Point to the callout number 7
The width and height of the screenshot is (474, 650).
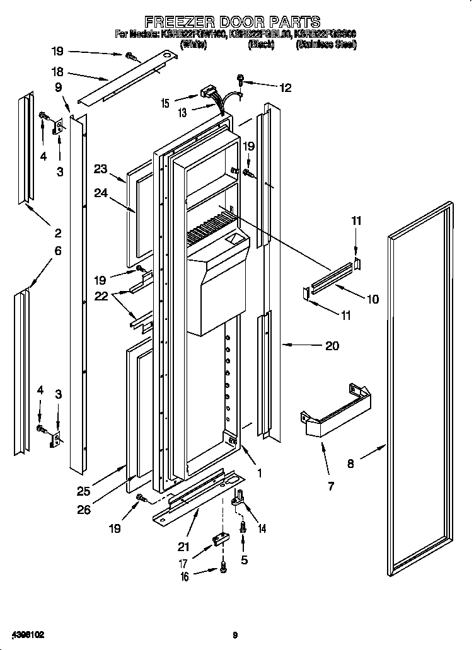pyautogui.click(x=331, y=485)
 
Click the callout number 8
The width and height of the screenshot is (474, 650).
pyautogui.click(x=351, y=464)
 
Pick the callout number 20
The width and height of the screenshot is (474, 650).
pyautogui.click(x=332, y=345)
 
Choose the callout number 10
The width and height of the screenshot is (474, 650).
pyautogui.click(x=373, y=299)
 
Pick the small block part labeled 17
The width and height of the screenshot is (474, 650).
pyautogui.click(x=221, y=539)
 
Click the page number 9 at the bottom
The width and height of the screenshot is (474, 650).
pyautogui.click(x=234, y=635)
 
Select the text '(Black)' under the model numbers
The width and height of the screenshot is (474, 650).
pyautogui.click(x=261, y=44)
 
